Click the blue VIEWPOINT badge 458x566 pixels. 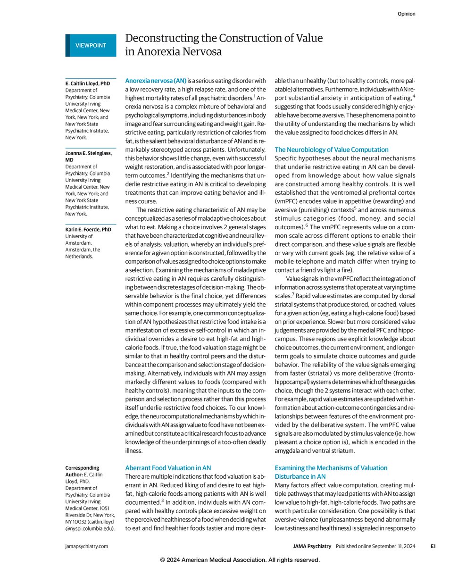coord(91,45)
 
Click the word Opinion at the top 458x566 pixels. coord(406,14)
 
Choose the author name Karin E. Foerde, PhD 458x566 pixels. coord(88,229)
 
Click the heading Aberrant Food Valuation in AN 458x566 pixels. coord(168,468)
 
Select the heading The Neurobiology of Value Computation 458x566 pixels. coord(331,150)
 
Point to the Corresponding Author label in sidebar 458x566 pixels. coord(82,471)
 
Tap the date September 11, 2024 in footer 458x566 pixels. coord(394,546)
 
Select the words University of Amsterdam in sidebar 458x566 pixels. coord(82,240)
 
